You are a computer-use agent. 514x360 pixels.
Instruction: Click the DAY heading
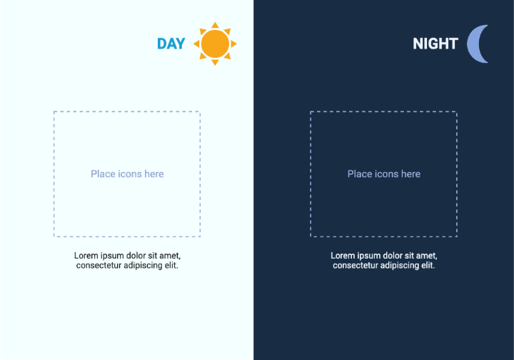[171, 44]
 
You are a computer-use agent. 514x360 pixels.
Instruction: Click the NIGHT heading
[435, 44]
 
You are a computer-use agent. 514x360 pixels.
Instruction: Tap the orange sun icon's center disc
[215, 44]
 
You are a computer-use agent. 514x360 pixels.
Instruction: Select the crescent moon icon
[478, 44]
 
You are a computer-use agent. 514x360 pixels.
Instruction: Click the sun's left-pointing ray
[196, 44]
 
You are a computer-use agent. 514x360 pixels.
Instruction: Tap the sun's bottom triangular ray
[215, 62]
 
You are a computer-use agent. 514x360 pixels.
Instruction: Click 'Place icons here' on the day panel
[127, 174]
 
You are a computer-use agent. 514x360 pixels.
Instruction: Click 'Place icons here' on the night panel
[384, 174]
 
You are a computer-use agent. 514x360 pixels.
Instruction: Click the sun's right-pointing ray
[233, 44]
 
